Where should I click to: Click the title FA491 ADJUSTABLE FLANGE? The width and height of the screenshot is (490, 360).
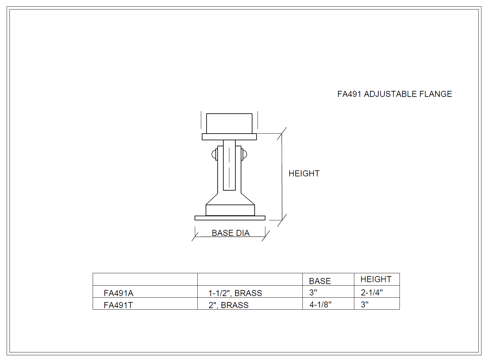click(x=394, y=94)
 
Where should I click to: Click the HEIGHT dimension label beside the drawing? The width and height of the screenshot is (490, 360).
click(x=304, y=174)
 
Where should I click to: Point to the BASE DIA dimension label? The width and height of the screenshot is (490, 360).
click(x=231, y=233)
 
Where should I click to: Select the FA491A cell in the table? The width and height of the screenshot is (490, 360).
click(x=118, y=293)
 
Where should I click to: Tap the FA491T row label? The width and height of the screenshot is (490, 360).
click(x=118, y=305)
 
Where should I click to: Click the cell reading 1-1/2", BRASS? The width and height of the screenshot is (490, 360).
click(x=235, y=293)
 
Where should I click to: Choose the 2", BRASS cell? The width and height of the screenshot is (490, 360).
click(x=228, y=305)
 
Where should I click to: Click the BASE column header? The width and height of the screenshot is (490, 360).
click(x=319, y=281)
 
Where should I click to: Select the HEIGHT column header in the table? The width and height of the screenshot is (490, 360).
click(x=376, y=279)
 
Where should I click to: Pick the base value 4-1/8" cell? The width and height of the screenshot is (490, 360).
click(x=320, y=304)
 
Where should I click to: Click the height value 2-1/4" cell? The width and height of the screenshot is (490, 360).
click(x=372, y=292)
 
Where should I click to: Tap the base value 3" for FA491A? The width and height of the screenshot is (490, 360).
click(x=313, y=292)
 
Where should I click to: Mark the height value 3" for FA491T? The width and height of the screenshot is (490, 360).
click(x=364, y=304)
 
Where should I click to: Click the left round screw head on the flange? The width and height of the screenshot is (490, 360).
click(x=214, y=155)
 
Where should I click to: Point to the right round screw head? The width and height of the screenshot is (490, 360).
click(x=245, y=155)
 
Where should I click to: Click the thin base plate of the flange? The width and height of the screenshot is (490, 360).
click(x=230, y=218)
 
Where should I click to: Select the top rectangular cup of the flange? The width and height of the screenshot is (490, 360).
click(x=229, y=123)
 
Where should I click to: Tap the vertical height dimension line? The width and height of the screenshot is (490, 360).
click(x=282, y=177)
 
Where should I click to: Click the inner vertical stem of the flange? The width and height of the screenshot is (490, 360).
click(x=229, y=165)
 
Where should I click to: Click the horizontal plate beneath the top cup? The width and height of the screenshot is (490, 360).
click(x=229, y=137)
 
